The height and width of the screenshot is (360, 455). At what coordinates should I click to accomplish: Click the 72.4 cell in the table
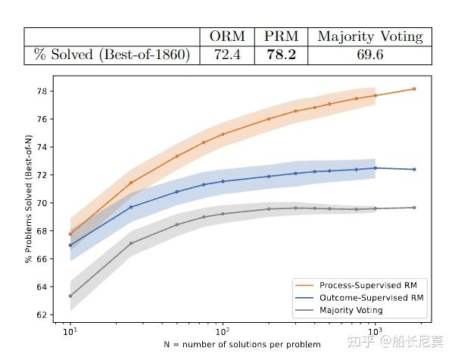point(228,55)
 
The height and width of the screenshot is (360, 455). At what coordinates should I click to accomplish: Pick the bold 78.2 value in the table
point(281,55)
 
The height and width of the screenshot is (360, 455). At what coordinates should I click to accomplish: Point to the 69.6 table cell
point(369,55)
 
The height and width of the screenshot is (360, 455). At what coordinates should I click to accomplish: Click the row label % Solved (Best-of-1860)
point(111,55)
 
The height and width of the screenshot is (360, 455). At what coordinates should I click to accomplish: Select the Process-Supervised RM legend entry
point(363,285)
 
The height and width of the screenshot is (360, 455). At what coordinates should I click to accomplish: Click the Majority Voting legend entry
point(351,310)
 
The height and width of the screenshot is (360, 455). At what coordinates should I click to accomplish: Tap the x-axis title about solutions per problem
point(242,345)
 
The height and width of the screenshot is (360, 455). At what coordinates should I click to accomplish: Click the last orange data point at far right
point(414,89)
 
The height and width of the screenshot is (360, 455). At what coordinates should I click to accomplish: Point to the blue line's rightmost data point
point(414,169)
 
